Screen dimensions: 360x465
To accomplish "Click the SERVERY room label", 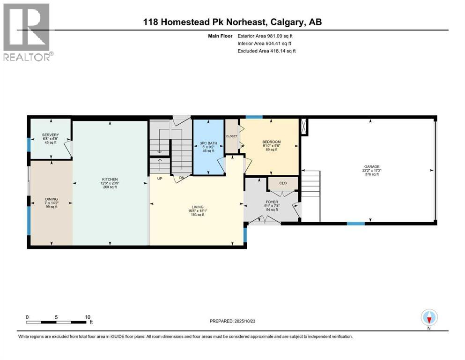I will click(50, 135).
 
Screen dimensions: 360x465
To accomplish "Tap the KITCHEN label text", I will click(110, 179).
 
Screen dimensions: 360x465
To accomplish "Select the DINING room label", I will click(51, 199).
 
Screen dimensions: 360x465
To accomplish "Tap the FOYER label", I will click(272, 202).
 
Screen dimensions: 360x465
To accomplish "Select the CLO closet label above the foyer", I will click(283, 183).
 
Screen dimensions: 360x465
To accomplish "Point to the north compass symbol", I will click(429, 318).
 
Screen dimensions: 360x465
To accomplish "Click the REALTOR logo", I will click(28, 31).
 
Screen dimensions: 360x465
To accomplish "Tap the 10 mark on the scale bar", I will click(87, 317).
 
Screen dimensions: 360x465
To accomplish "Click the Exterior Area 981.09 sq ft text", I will click(266, 36).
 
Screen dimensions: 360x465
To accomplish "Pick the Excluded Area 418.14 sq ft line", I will click(266, 51).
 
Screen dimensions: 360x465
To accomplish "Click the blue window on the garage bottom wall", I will click(355, 224).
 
